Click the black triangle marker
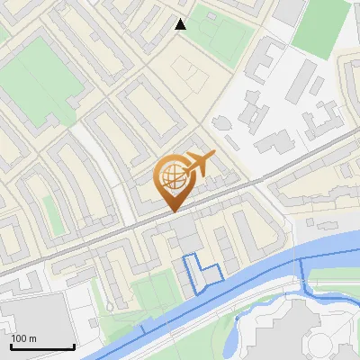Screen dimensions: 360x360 coord(181,24)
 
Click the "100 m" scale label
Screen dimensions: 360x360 coord(24,338)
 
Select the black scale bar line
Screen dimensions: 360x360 coord(42,346)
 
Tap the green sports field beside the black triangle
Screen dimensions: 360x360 coord(220,31)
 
